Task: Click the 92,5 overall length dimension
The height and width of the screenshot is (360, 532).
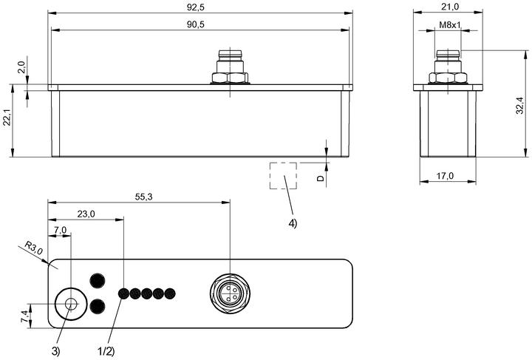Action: [x=195, y=7]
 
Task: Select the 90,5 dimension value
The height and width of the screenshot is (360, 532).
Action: [x=195, y=24]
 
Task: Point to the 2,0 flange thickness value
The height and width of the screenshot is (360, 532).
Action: [x=21, y=67]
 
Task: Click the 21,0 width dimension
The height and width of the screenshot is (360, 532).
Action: [x=450, y=7]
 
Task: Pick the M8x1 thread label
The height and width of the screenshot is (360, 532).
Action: [x=450, y=25]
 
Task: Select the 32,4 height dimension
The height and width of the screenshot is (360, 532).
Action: [x=520, y=105]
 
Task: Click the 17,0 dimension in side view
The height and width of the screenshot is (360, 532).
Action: [x=445, y=176]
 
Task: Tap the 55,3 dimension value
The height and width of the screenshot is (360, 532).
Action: [x=144, y=197]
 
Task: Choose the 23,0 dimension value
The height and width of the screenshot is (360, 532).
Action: [x=86, y=214]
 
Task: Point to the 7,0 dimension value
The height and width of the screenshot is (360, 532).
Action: [x=60, y=230]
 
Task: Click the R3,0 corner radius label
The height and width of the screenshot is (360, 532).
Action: [x=34, y=248]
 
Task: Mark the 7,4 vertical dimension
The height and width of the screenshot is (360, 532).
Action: [x=25, y=316]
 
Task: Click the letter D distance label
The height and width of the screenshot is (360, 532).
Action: [x=321, y=178]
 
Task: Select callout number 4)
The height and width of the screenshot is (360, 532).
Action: [x=293, y=223]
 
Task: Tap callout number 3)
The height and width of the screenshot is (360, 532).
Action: [x=55, y=352]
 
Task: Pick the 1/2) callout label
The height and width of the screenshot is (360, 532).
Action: [x=106, y=352]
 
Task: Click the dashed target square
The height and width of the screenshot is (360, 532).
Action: [x=283, y=163]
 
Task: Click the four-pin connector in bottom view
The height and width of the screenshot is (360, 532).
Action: [x=230, y=293]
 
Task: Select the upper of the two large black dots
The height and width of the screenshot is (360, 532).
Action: [x=98, y=281]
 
